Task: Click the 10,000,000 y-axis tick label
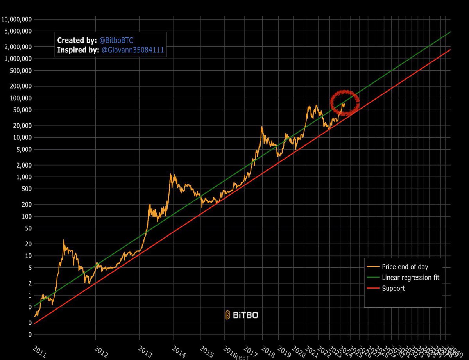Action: (16, 19)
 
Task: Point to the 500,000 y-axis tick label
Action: (20, 71)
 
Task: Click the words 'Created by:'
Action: (77, 41)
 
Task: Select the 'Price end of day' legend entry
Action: (405, 267)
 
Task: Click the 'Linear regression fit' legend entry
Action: (410, 278)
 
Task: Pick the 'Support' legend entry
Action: (393, 289)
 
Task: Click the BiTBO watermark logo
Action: (242, 315)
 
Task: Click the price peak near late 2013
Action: (171, 175)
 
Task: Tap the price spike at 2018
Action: (261, 127)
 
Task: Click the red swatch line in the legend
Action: (373, 289)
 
